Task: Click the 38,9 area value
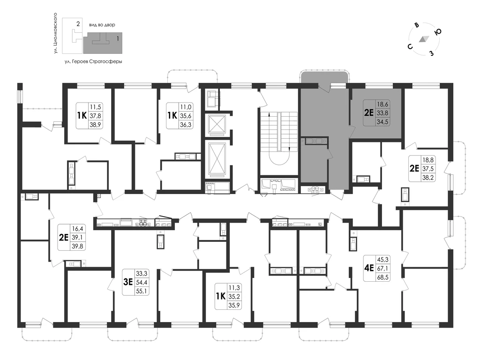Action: [95, 125]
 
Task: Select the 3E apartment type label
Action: [127, 282]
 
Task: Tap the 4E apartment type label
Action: [369, 268]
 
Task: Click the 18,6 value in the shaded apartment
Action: [382, 104]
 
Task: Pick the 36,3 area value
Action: [186, 125]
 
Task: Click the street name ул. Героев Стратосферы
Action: [93, 61]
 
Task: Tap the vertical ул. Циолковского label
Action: [55, 33]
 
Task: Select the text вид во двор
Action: [102, 25]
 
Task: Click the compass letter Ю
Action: [438, 32]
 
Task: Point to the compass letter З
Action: [432, 53]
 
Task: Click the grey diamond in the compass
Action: [424, 39]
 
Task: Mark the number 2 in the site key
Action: [78, 23]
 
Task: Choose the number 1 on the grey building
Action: [118, 39]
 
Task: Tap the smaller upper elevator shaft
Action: [217, 124]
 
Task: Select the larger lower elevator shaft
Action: [217, 159]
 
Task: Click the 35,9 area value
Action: [234, 305]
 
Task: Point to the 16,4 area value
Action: [77, 228]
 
